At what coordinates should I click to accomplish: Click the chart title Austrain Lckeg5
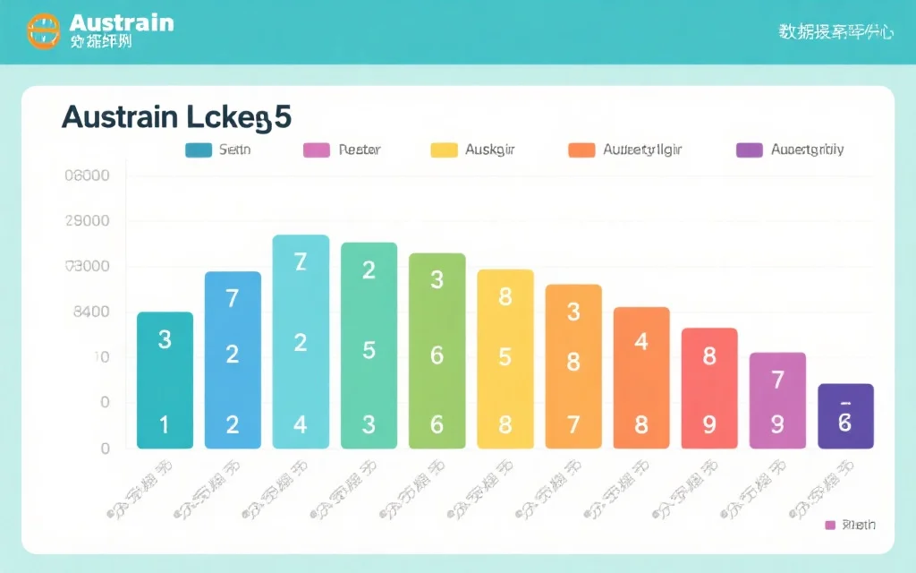[176, 118]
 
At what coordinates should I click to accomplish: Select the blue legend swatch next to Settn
[197, 150]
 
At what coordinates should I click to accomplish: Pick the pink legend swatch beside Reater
[317, 150]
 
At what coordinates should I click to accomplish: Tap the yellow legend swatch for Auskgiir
[444, 150]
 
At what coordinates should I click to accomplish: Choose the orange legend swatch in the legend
[581, 150]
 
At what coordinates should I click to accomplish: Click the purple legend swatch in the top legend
[749, 150]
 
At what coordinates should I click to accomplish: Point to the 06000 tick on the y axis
[88, 175]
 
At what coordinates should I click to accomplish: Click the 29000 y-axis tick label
[88, 221]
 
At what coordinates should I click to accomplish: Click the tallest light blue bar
[301, 340]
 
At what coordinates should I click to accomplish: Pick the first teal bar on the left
[165, 380]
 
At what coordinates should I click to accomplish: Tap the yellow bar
[505, 358]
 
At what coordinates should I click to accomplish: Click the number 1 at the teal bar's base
[165, 424]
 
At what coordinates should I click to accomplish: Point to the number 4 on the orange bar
[641, 341]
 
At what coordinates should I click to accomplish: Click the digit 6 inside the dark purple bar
[845, 423]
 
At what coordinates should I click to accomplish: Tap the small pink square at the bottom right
[830, 525]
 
